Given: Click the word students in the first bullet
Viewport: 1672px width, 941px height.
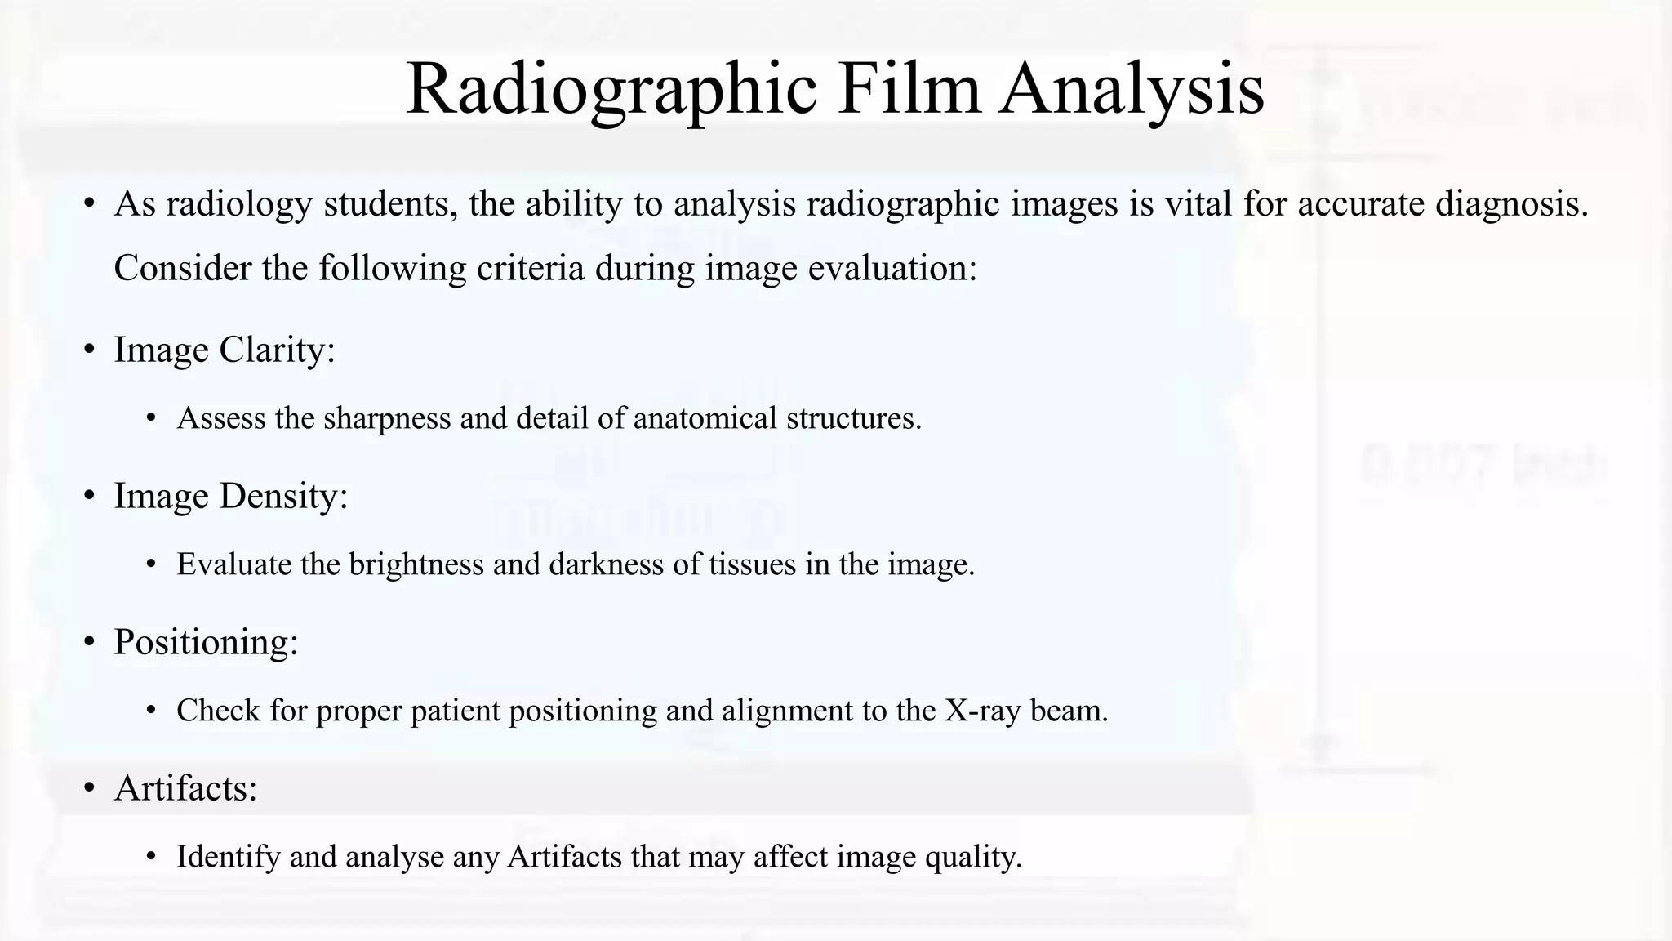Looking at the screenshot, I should [390, 203].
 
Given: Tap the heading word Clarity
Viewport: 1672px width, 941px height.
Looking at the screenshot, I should [277, 350].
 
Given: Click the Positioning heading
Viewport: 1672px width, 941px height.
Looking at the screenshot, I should [206, 642].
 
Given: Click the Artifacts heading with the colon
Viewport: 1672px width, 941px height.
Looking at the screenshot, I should [185, 788].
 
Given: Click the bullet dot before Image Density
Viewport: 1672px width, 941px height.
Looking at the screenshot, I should [90, 497].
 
